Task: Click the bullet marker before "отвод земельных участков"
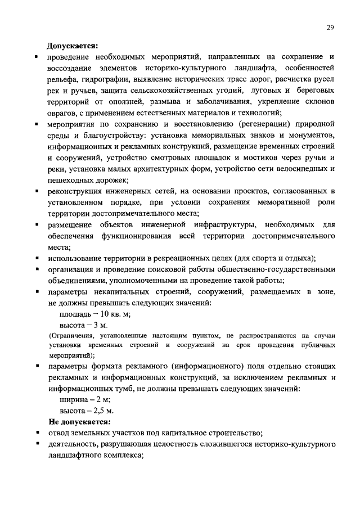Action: pyautogui.click(x=36, y=434)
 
